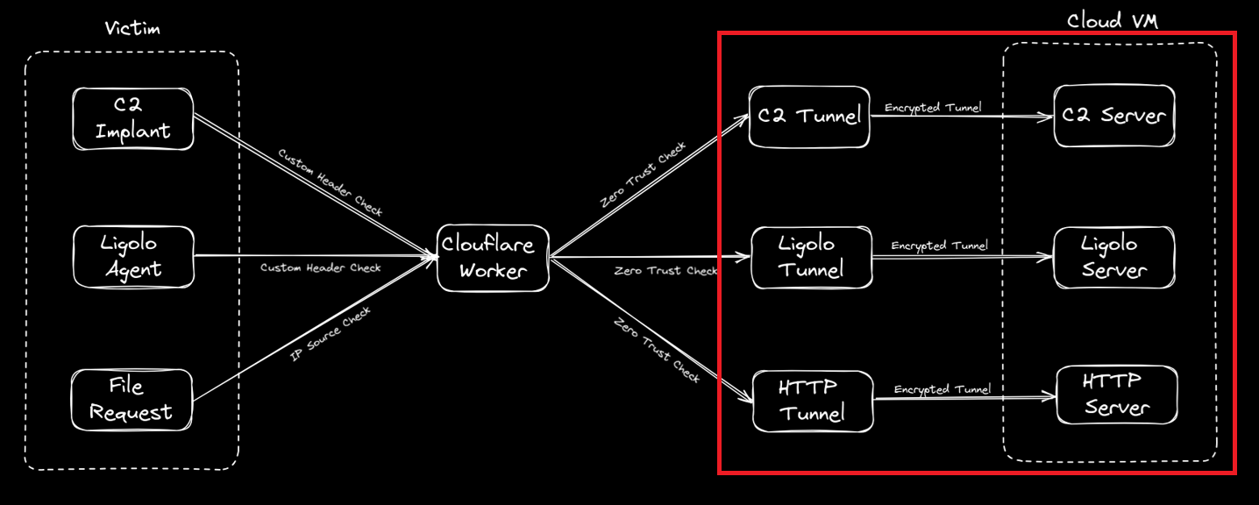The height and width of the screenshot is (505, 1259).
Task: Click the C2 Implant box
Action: pyautogui.click(x=132, y=117)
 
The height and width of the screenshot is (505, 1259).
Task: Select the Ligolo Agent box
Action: pyautogui.click(x=132, y=256)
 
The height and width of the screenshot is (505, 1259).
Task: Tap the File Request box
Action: pyautogui.click(x=132, y=400)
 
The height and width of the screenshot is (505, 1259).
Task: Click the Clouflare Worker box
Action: pyautogui.click(x=493, y=257)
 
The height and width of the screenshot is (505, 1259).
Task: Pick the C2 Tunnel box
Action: pyautogui.click(x=809, y=116)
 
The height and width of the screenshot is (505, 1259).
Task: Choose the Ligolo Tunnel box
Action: pyautogui.click(x=811, y=257)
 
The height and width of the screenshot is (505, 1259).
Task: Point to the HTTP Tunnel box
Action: pyautogui.click(x=813, y=401)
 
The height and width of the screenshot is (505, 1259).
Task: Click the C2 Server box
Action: pyautogui.click(x=1113, y=116)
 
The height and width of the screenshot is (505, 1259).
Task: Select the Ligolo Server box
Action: pyautogui.click(x=1113, y=257)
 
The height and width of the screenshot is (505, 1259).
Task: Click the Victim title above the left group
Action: pyautogui.click(x=132, y=29)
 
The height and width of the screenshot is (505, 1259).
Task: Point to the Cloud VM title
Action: pyautogui.click(x=1112, y=21)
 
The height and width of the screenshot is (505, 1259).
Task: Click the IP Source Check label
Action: pyautogui.click(x=330, y=335)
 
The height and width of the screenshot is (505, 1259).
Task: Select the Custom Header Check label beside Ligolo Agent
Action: pyautogui.click(x=320, y=267)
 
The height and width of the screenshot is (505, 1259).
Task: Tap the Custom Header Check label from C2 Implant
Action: pyautogui.click(x=330, y=181)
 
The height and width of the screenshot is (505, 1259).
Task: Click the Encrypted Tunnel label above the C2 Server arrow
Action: pyautogui.click(x=933, y=108)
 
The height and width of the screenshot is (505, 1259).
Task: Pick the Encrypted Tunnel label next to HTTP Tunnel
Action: pyautogui.click(x=942, y=389)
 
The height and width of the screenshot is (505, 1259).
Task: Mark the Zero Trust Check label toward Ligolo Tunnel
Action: pyautogui.click(x=665, y=271)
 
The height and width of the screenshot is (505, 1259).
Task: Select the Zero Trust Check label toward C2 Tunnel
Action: pyautogui.click(x=643, y=175)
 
